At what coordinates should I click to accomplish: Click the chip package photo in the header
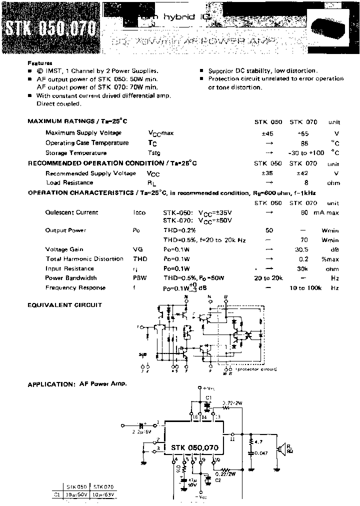327,25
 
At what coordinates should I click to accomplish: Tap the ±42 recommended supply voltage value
303,173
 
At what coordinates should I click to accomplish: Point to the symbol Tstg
154,153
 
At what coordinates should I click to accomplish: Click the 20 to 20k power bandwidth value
268,278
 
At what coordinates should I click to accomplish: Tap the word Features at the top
39,63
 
